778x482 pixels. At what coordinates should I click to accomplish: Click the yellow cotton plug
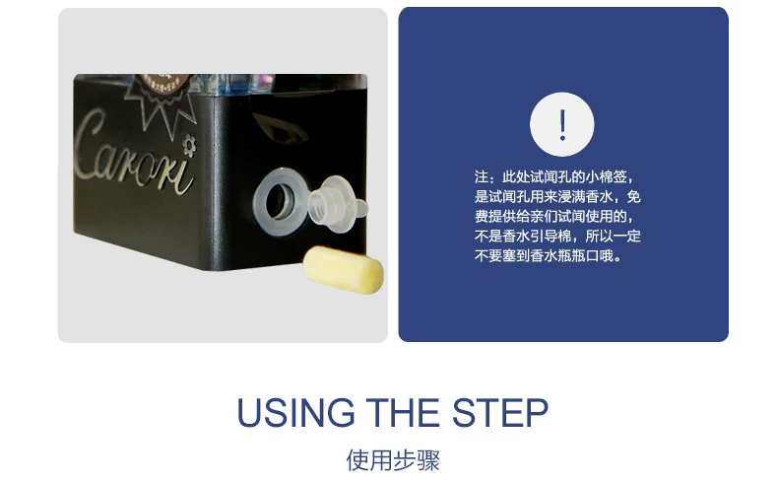point(343,269)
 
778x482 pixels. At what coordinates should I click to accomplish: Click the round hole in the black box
point(278,201)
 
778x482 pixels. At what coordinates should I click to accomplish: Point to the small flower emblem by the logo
point(189,145)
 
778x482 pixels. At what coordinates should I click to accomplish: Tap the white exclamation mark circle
point(561,124)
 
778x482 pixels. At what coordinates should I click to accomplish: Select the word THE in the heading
point(403,412)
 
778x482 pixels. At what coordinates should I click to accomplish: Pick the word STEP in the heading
point(500,412)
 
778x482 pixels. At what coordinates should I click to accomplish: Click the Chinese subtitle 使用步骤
point(393,460)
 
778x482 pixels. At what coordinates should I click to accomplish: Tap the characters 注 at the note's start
point(482,176)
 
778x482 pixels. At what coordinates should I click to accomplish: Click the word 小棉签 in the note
point(606,176)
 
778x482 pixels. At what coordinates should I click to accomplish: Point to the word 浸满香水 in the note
point(586,196)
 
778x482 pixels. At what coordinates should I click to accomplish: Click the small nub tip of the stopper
point(361,208)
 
